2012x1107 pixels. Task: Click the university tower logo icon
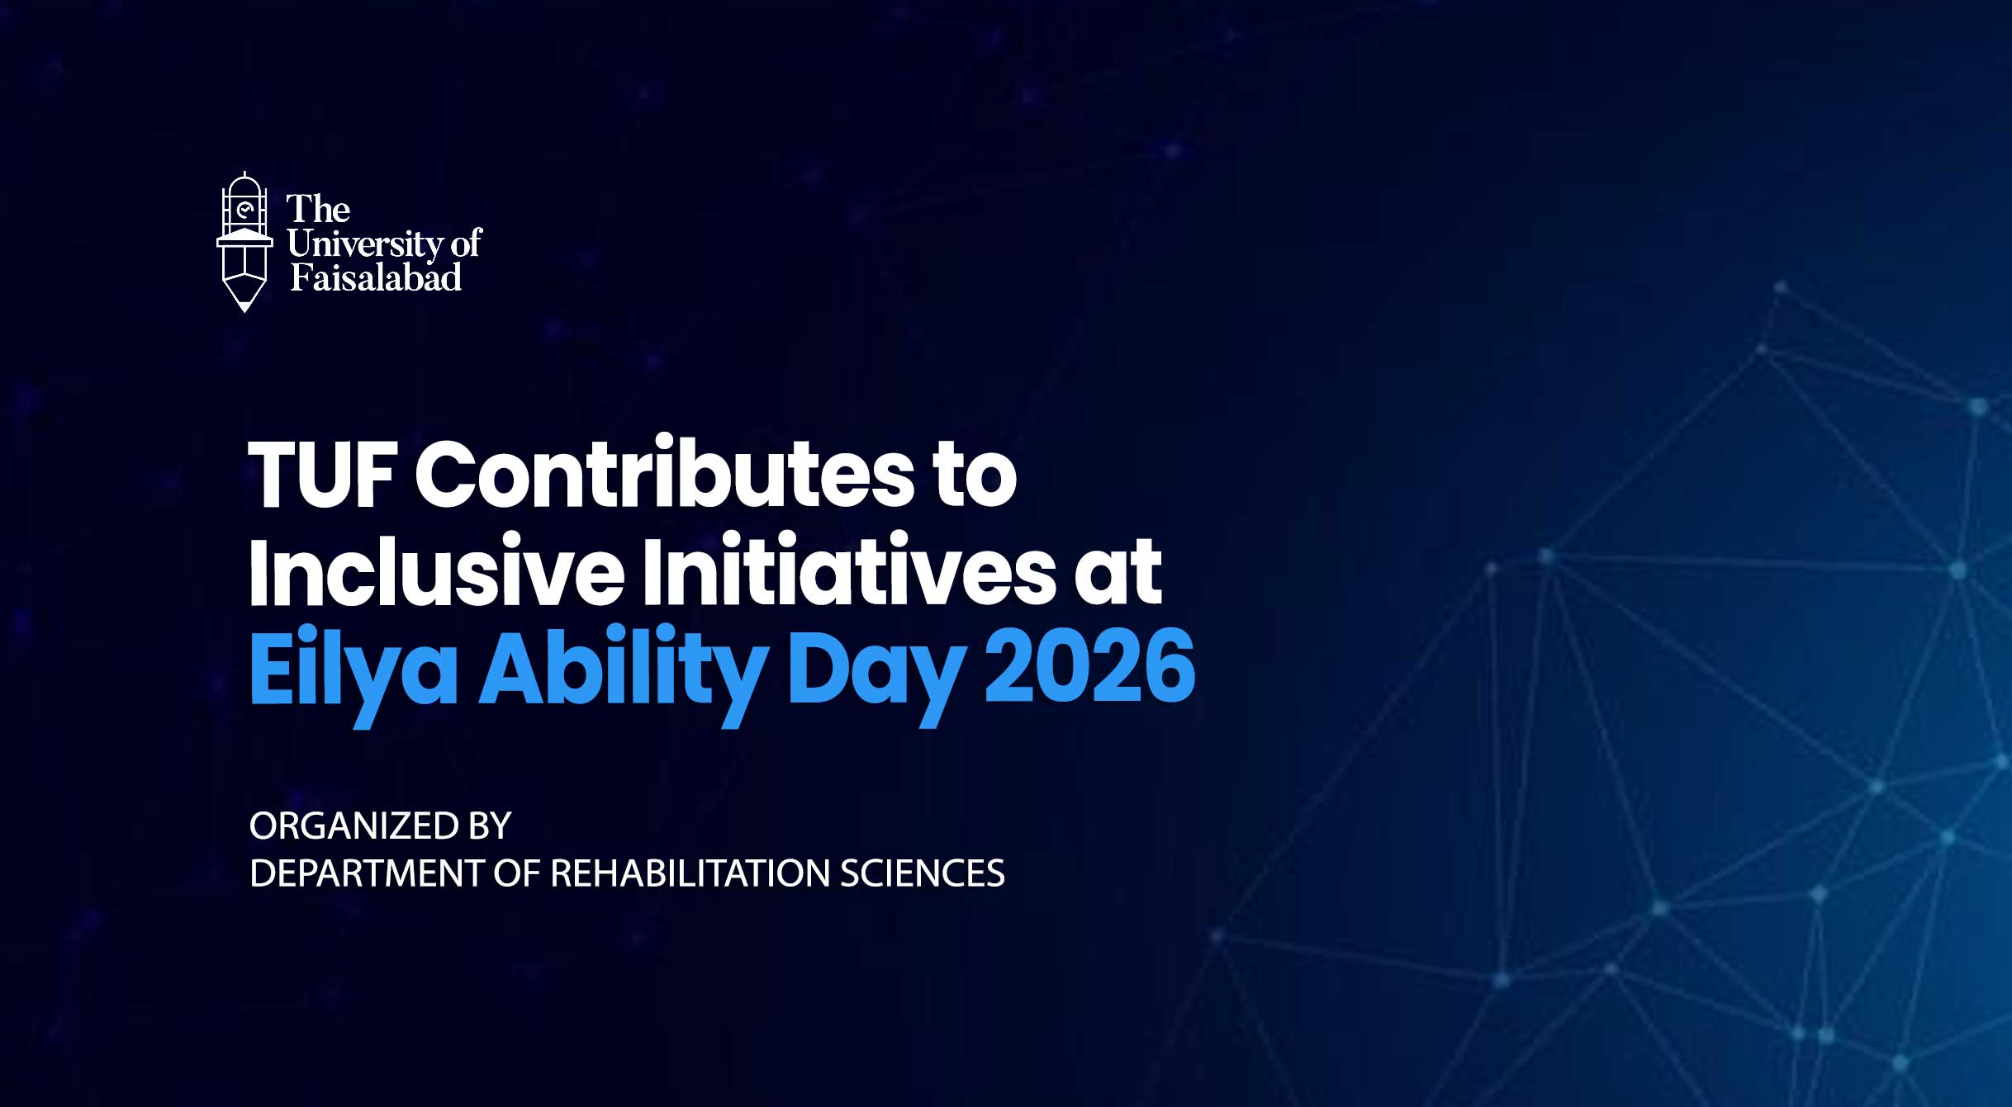tap(244, 241)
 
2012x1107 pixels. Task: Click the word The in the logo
tap(318, 209)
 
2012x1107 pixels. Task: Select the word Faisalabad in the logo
tap(376, 277)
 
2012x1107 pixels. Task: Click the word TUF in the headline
tap(322, 474)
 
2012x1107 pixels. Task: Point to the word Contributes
tap(665, 474)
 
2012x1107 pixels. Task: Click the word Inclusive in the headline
tap(436, 570)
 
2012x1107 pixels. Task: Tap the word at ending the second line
tap(1118, 573)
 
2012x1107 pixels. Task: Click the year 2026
tap(1090, 665)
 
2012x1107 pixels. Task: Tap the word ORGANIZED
tap(354, 826)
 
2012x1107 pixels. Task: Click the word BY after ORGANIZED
tap(491, 826)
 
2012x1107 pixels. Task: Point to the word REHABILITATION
tap(689, 873)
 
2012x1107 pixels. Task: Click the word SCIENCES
tap(923, 873)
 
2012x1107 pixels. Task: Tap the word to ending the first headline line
tap(975, 476)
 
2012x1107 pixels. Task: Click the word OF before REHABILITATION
tap(516, 873)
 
